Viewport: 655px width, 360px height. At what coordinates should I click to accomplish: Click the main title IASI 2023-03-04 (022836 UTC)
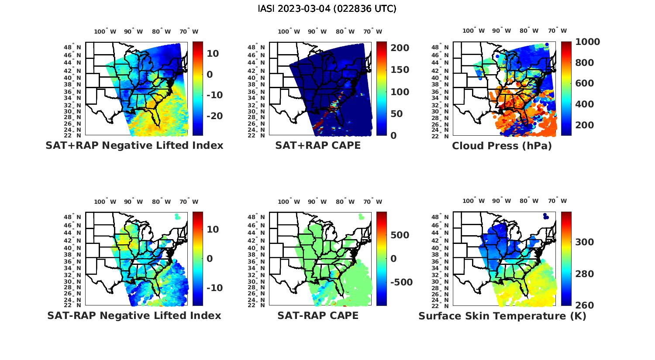pos(327,9)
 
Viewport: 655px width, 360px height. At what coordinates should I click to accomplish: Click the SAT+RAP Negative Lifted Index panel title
pos(134,146)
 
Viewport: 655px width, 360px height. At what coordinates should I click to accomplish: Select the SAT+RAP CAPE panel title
pos(318,146)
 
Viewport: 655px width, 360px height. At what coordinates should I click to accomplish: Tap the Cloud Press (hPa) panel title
pos(502,146)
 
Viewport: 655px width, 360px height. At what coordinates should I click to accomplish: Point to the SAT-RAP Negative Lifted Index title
pos(134,315)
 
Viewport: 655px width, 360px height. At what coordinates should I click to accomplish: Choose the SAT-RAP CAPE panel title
pos(318,315)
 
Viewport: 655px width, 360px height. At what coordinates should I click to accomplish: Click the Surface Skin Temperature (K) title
pos(502,316)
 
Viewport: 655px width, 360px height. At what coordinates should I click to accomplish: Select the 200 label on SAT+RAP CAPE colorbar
pos(400,48)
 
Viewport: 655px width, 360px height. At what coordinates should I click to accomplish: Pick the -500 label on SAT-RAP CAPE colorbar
pos(401,282)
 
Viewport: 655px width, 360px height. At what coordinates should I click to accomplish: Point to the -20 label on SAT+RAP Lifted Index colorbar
pos(214,116)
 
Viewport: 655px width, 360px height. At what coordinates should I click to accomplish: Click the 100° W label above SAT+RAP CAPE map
pos(289,31)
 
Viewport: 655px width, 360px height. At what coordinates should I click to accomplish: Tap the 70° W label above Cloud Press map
pos(558,31)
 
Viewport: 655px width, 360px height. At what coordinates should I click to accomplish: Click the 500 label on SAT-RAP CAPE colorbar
pos(400,235)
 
